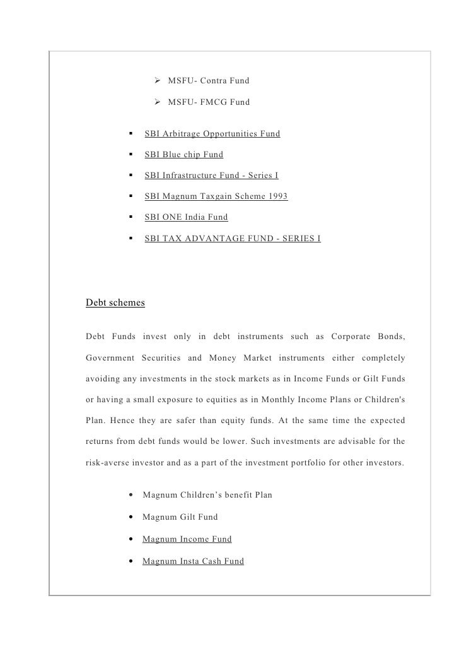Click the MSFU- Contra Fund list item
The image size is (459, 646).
209,81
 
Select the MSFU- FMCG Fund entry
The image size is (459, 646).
209,102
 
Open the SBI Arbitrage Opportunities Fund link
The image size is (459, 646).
212,134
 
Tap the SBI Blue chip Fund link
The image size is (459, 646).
183,154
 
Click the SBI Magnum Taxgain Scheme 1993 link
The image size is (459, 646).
216,196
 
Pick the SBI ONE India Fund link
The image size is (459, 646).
186,217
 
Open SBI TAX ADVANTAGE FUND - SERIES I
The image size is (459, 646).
232,239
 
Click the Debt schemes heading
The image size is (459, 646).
115,302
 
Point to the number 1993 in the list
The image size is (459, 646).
277,196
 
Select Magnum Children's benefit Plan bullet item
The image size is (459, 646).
207,494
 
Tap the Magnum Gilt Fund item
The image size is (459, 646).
180,517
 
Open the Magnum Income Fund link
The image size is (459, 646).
187,539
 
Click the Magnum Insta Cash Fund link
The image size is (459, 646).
193,561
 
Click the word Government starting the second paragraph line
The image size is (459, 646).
110,358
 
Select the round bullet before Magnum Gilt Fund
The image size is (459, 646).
130,517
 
